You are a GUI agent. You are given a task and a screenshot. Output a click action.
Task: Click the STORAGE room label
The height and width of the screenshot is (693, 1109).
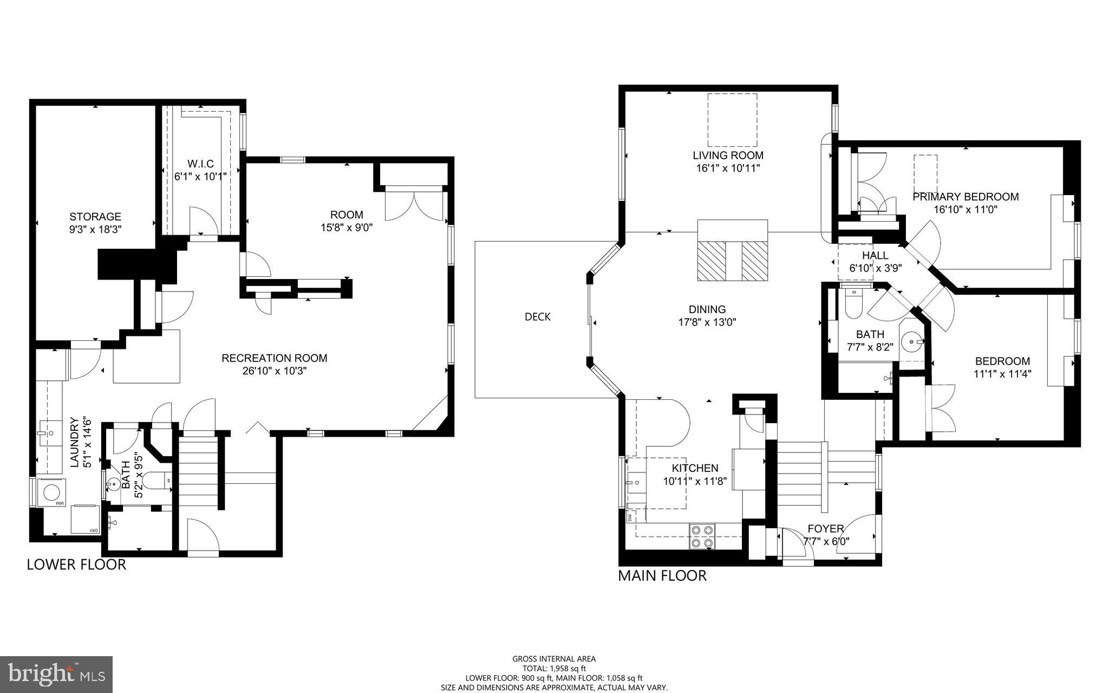tap(95, 217)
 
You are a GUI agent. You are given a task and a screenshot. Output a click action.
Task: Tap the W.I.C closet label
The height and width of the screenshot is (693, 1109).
tap(200, 164)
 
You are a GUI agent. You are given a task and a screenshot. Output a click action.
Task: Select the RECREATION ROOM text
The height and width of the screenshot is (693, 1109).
tap(274, 358)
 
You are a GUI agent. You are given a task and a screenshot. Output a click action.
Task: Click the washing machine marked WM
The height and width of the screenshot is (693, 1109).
tap(52, 493)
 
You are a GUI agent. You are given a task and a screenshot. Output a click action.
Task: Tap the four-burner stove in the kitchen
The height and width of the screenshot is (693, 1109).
tap(702, 536)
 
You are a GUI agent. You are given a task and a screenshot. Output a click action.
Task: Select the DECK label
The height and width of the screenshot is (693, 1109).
tap(537, 317)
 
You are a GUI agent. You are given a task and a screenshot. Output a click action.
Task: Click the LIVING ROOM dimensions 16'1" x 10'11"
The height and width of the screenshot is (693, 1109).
tap(728, 169)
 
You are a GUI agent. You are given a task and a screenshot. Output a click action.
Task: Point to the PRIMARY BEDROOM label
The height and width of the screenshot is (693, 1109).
tap(965, 197)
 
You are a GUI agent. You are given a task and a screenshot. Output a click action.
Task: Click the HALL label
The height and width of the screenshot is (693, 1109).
tap(875, 255)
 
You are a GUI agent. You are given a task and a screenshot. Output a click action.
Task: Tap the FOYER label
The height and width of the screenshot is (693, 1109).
tap(825, 529)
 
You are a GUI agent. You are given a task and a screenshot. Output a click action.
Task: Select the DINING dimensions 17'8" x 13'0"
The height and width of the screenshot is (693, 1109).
tap(707, 322)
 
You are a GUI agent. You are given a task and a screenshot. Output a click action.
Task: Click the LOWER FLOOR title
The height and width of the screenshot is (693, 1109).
tap(76, 565)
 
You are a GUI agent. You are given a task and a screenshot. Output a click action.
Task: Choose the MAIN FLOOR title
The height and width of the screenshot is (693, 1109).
tap(662, 575)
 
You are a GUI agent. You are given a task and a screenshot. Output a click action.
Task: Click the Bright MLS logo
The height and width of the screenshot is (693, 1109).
tap(56, 674)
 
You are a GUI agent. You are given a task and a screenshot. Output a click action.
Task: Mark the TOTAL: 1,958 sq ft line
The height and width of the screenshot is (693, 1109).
tap(553, 669)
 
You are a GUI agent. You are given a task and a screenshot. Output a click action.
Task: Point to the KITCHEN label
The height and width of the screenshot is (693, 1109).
tap(695, 468)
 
